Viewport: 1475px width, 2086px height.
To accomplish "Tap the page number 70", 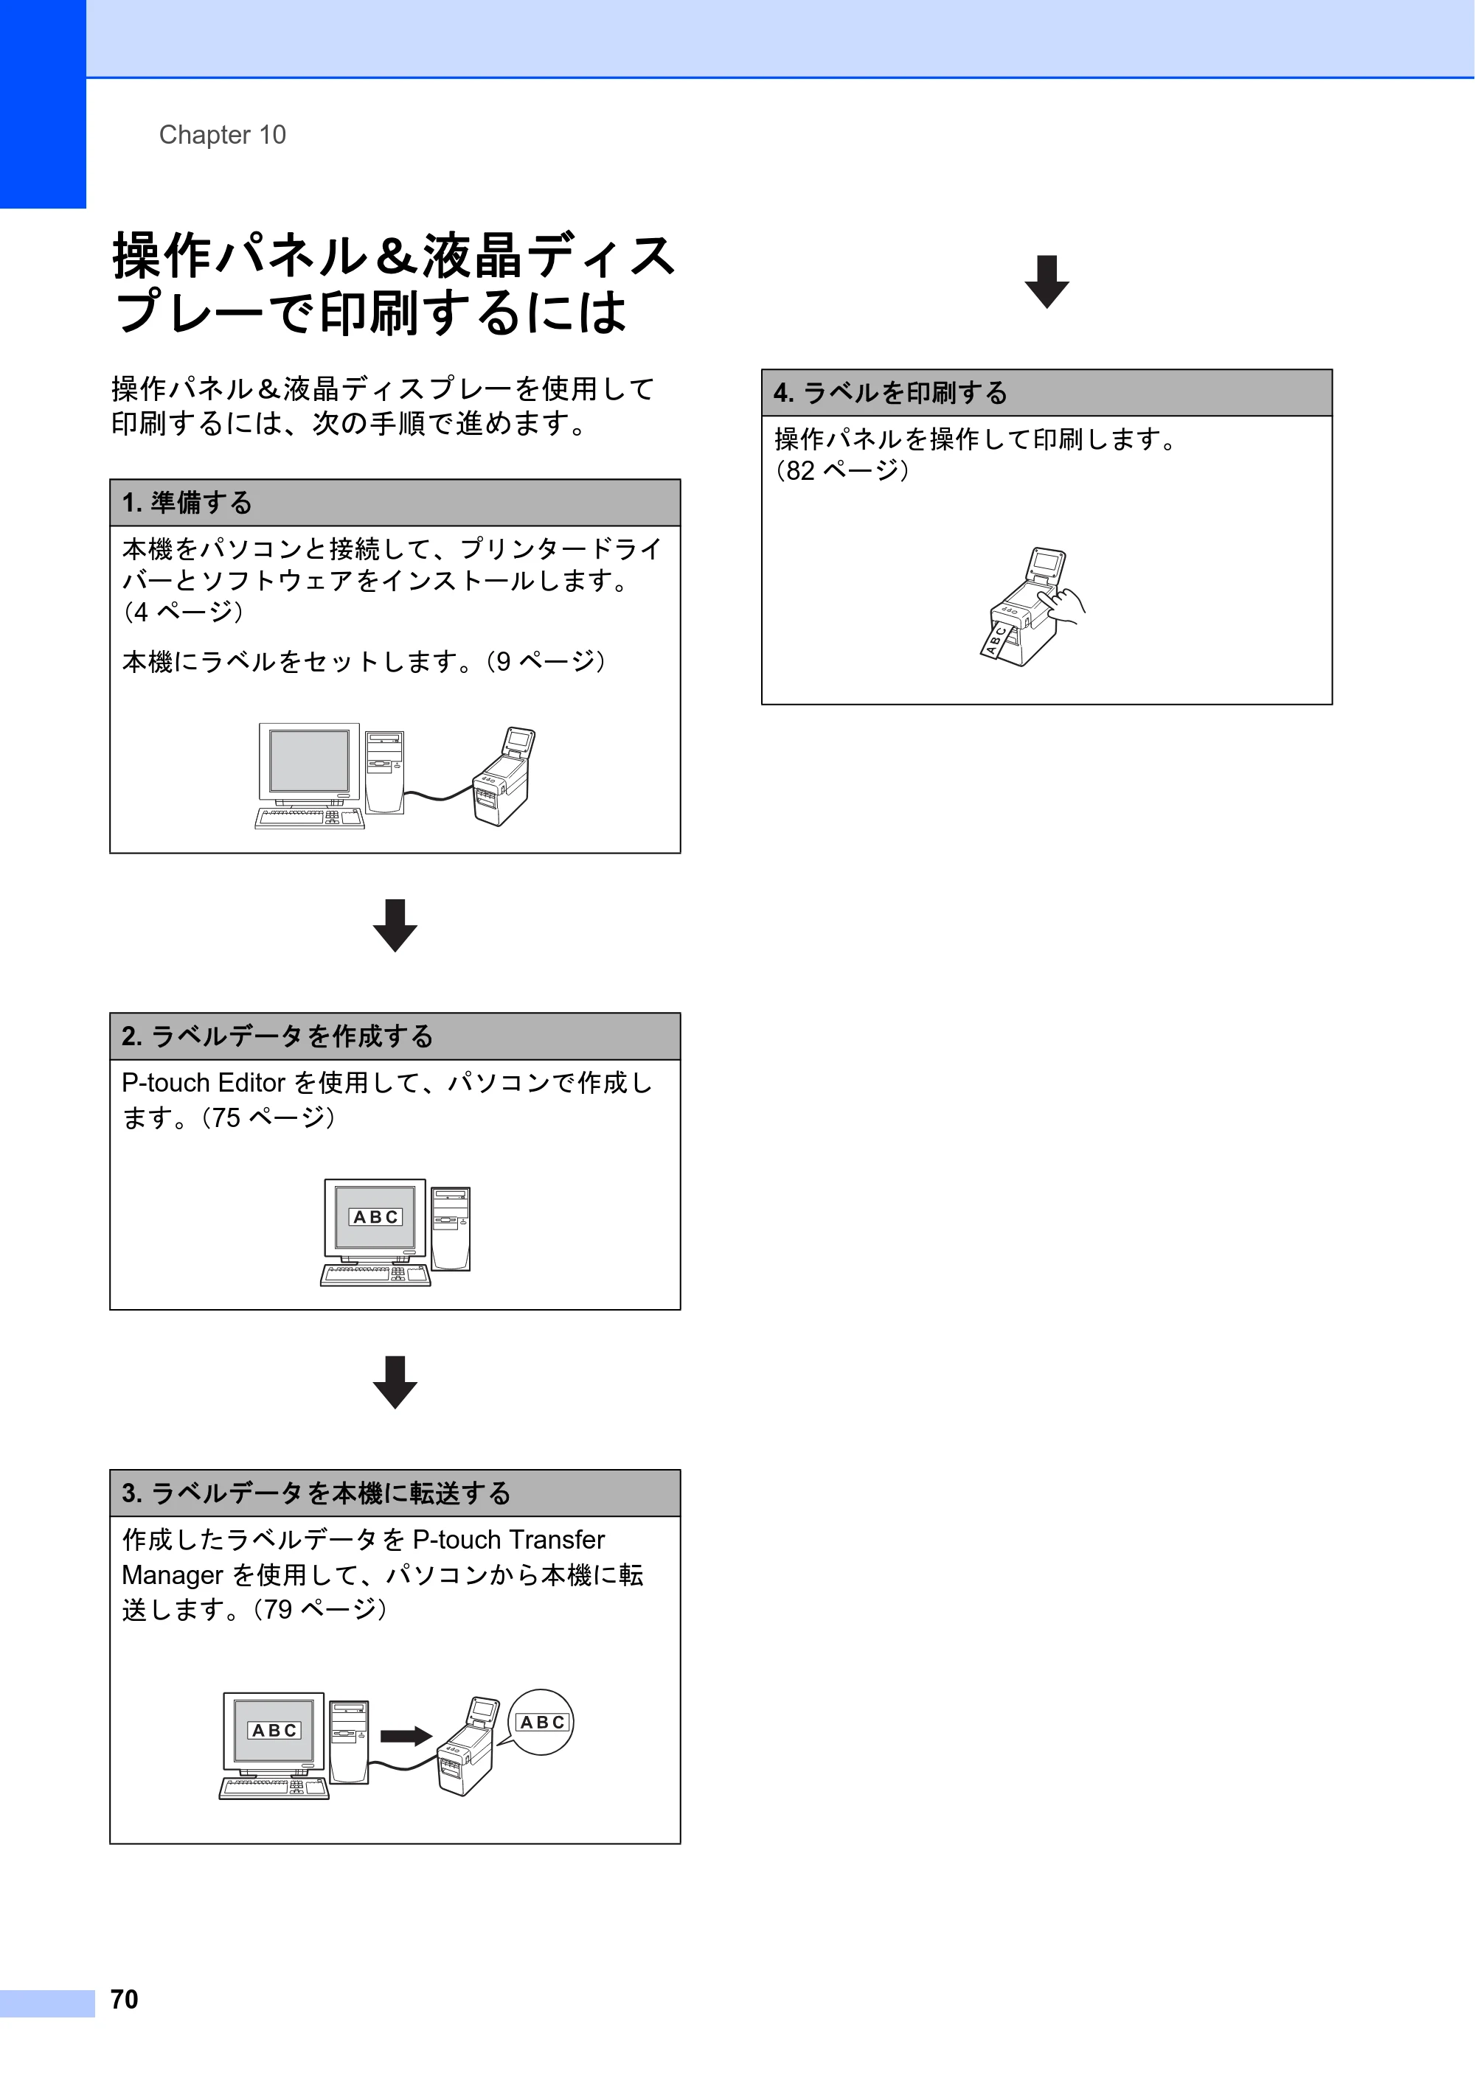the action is tap(125, 1999).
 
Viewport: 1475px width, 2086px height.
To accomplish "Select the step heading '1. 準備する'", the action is tap(187, 503).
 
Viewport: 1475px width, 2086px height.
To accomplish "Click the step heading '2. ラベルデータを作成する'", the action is tap(277, 1036).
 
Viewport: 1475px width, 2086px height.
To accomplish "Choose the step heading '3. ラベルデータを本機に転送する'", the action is tap(316, 1493).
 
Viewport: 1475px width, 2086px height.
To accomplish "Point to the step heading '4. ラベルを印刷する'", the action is tap(891, 392).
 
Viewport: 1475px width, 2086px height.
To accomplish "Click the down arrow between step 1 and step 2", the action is tap(395, 925).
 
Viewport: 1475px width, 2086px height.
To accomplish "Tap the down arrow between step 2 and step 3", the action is tap(395, 1382).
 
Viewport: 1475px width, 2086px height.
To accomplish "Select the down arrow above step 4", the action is tap(1047, 282).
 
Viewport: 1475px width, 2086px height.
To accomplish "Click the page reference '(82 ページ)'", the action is tap(841, 470).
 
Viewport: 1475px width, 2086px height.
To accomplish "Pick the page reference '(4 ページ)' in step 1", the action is tap(183, 612).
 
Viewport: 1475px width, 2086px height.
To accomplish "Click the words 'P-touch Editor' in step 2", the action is tap(204, 1083).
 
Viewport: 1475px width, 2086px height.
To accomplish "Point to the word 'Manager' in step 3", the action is tap(173, 1575).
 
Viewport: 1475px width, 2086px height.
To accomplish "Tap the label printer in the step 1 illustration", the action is tap(502, 776).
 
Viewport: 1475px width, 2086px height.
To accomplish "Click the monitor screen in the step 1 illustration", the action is tap(309, 761).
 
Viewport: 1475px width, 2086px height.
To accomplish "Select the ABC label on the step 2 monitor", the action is tap(375, 1216).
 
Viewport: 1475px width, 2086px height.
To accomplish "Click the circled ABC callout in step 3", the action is tap(541, 1722).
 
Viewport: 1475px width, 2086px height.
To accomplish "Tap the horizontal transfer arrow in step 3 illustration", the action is tap(406, 1736).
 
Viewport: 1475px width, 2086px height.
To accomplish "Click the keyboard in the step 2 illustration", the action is tap(375, 1274).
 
